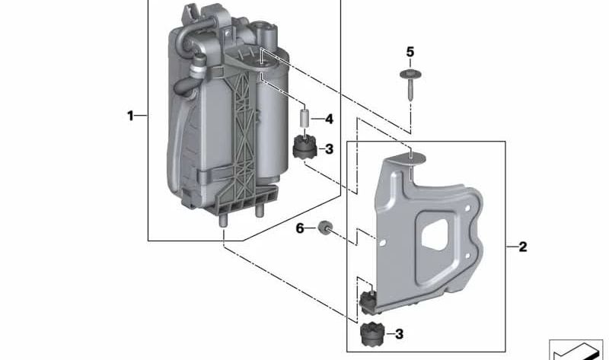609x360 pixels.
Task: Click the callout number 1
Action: coord(130,116)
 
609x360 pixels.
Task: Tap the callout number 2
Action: coord(522,247)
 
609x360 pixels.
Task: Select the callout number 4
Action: coord(329,119)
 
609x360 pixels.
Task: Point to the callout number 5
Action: coord(410,52)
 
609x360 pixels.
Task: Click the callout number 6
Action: coord(299,228)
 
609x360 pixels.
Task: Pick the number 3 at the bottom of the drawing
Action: coord(399,333)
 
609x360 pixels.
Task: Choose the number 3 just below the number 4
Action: coord(329,149)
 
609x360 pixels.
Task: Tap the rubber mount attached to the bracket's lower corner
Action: coord(368,301)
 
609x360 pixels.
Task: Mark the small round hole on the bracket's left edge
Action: coord(384,243)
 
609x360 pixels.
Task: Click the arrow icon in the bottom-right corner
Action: coord(576,349)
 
